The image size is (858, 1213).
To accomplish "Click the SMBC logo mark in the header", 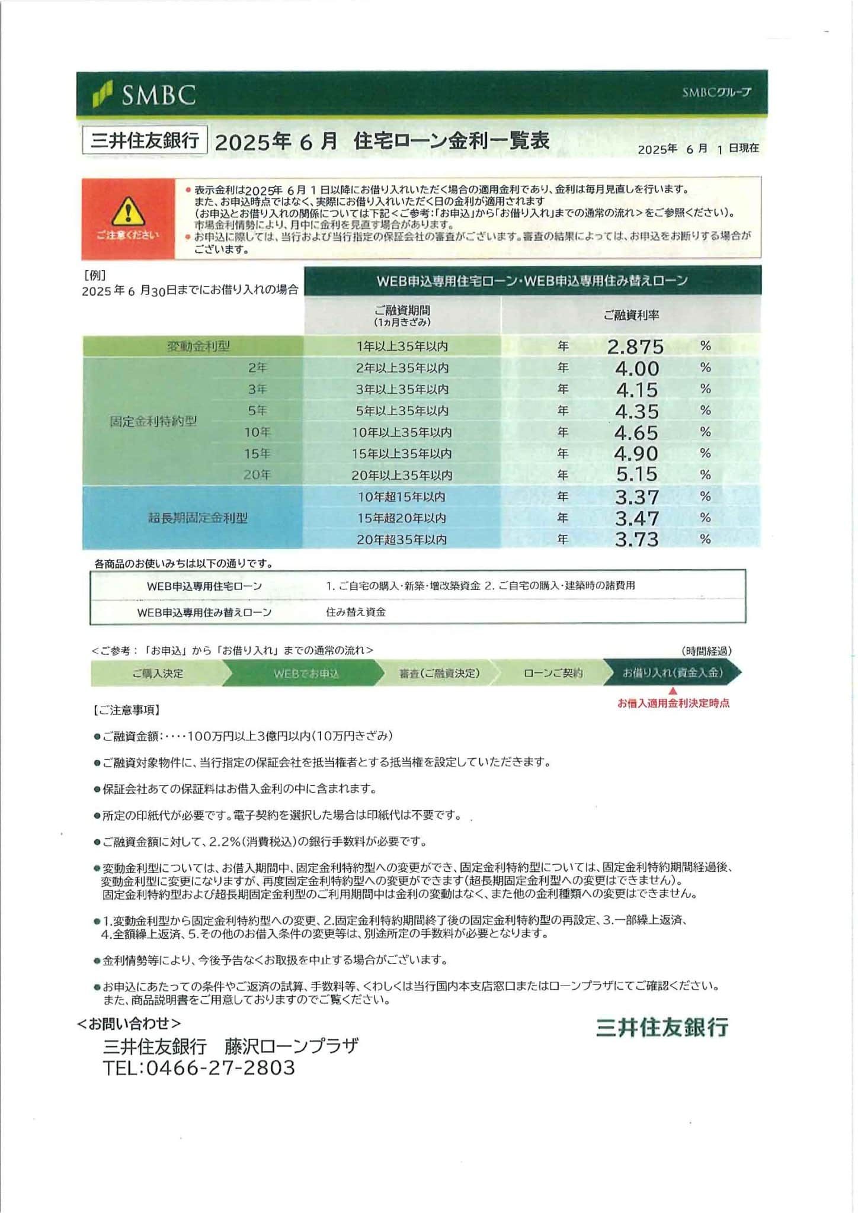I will [x=103, y=95].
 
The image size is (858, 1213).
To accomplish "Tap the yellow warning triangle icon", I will [x=128, y=211].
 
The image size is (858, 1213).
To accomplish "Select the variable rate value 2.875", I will [x=635, y=346].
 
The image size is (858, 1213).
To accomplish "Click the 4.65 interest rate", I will [x=636, y=432].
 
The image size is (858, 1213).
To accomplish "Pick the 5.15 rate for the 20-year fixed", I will [x=636, y=474].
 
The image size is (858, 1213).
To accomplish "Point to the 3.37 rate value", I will [x=636, y=496].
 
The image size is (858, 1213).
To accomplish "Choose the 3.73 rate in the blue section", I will [x=636, y=539].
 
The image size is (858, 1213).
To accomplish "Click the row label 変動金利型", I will [x=198, y=346].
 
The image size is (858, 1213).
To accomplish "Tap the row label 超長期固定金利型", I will [x=197, y=518].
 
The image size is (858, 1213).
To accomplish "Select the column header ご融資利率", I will [x=631, y=315].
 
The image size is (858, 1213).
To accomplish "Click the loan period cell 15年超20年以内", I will [x=402, y=518].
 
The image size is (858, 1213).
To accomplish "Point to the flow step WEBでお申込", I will [x=306, y=673].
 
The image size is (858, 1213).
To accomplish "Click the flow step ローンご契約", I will [x=553, y=673].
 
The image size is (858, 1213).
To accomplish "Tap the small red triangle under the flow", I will [x=673, y=691].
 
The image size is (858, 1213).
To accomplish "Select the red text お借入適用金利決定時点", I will [x=673, y=704].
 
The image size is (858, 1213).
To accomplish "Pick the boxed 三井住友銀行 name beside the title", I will [x=145, y=141].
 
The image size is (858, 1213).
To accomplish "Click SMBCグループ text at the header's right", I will [x=716, y=92].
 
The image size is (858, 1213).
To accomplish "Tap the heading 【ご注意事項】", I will [x=126, y=710].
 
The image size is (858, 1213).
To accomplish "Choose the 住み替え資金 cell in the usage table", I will [x=356, y=612].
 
